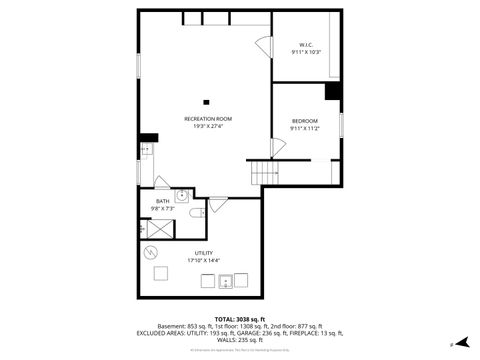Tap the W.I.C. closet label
(x=306, y=44)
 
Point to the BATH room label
(x=162, y=201)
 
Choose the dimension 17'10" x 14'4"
(x=203, y=260)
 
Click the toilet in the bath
(x=196, y=212)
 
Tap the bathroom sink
(x=182, y=197)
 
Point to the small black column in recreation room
(x=207, y=100)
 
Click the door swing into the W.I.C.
(x=263, y=47)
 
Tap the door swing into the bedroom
(x=277, y=147)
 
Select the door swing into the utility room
(x=218, y=204)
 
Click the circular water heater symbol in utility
(x=152, y=251)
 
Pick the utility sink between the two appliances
(x=227, y=281)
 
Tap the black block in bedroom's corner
(x=333, y=91)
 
